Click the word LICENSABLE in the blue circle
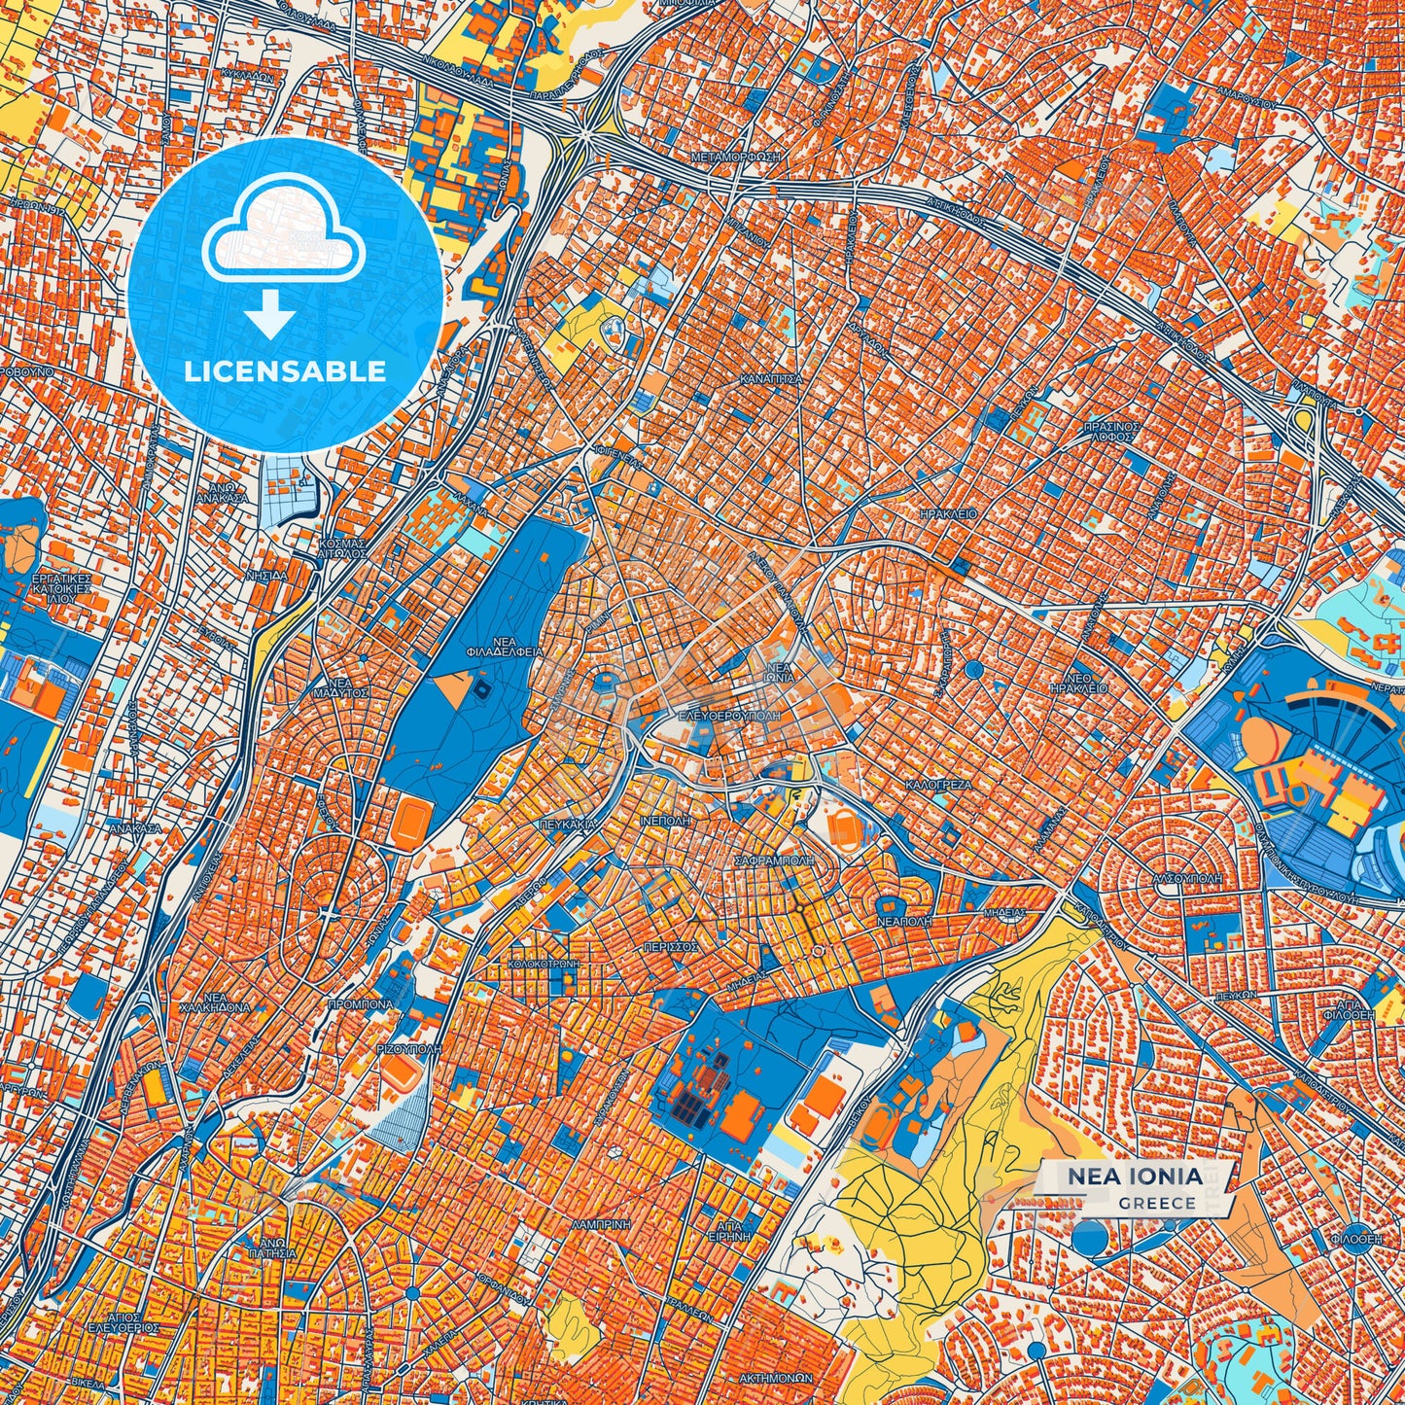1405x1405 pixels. point(286,371)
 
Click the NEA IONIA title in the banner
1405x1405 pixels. point(1135,1177)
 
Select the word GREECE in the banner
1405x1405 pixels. point(1157,1203)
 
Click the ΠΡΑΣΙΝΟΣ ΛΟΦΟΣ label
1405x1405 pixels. point(1110,432)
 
